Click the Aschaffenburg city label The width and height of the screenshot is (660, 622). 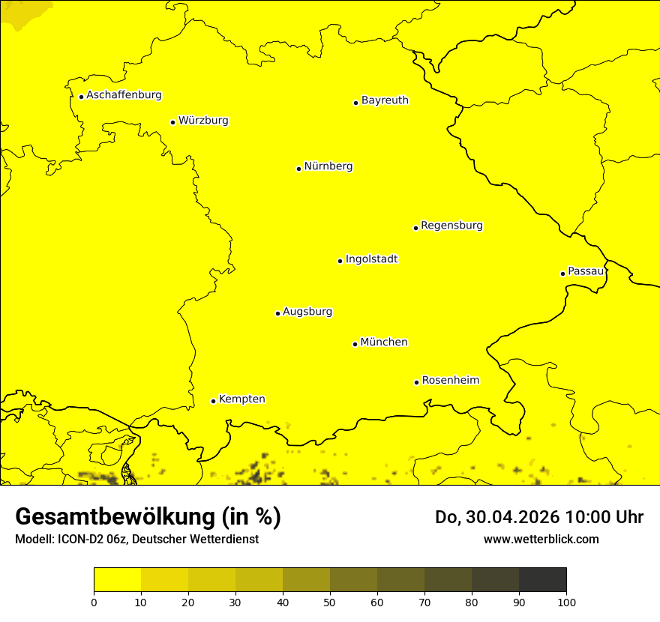[x=124, y=95]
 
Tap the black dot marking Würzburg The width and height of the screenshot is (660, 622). [x=172, y=122]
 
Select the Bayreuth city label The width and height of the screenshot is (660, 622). [x=385, y=100]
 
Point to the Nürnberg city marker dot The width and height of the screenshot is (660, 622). [x=298, y=169]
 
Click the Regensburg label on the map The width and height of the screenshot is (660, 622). [x=451, y=226]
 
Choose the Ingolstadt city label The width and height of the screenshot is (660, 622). [x=371, y=259]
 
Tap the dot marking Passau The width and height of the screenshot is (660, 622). [x=562, y=274]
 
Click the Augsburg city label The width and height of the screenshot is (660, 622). [x=307, y=312]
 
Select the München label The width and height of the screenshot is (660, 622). [x=384, y=342]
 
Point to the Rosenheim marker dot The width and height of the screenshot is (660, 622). [x=416, y=382]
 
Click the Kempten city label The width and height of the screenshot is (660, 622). [x=241, y=399]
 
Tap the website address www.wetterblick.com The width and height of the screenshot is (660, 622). [x=541, y=539]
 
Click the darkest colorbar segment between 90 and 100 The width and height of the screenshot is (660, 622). [x=542, y=580]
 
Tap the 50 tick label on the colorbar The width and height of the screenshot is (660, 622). [x=330, y=602]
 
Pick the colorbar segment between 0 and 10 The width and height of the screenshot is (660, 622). [x=118, y=580]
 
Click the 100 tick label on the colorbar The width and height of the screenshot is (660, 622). [x=566, y=602]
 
